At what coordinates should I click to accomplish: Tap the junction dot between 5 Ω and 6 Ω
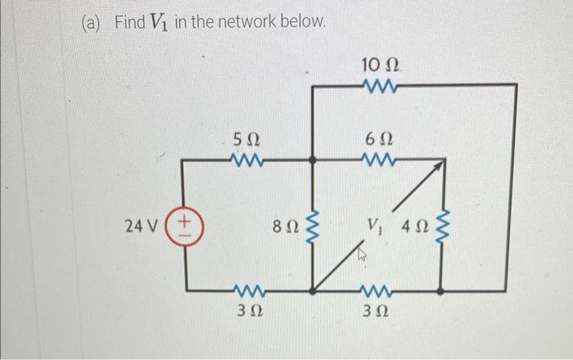point(312,161)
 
